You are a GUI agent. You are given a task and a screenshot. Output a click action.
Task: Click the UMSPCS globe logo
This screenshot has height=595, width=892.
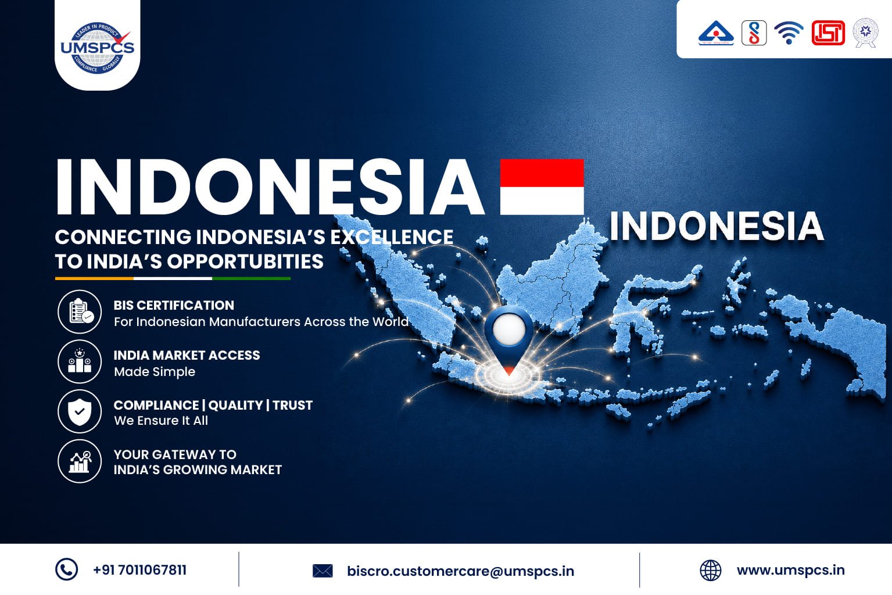[98, 48]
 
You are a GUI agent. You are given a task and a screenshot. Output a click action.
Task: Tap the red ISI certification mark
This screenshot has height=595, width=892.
[828, 33]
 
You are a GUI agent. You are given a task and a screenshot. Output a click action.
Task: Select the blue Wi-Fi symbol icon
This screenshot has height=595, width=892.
[789, 33]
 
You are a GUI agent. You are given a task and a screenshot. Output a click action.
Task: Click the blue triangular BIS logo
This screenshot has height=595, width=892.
[716, 33]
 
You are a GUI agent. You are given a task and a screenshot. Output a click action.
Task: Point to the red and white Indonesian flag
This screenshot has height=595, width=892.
[542, 187]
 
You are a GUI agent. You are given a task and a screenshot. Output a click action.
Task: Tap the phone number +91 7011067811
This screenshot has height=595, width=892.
[140, 570]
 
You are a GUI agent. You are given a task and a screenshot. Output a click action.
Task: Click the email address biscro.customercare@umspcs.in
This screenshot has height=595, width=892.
[461, 571]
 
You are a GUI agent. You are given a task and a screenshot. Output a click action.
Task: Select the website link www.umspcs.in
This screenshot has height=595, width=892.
[790, 570]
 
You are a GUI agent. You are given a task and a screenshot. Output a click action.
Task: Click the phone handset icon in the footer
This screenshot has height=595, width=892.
[66, 569]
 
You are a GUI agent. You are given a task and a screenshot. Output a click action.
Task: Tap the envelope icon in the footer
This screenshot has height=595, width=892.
[323, 571]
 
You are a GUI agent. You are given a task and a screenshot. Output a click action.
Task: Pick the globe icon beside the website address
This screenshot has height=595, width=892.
[711, 571]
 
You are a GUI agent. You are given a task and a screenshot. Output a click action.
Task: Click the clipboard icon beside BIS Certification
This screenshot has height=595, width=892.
[80, 311]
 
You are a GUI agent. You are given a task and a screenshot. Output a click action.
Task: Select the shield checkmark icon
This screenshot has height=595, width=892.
[80, 411]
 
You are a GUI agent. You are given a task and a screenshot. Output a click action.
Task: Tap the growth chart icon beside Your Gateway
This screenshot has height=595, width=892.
[80, 461]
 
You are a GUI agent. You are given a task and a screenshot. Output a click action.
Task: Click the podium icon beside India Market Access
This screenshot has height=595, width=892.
[80, 361]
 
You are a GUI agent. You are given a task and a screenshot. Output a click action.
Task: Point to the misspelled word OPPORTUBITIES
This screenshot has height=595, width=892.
[245, 261]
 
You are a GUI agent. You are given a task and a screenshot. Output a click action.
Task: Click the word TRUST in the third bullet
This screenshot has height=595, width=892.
[293, 405]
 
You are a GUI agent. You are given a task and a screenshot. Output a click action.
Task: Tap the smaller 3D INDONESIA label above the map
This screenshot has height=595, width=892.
[717, 226]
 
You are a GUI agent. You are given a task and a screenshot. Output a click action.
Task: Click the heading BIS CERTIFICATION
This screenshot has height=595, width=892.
[174, 305]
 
